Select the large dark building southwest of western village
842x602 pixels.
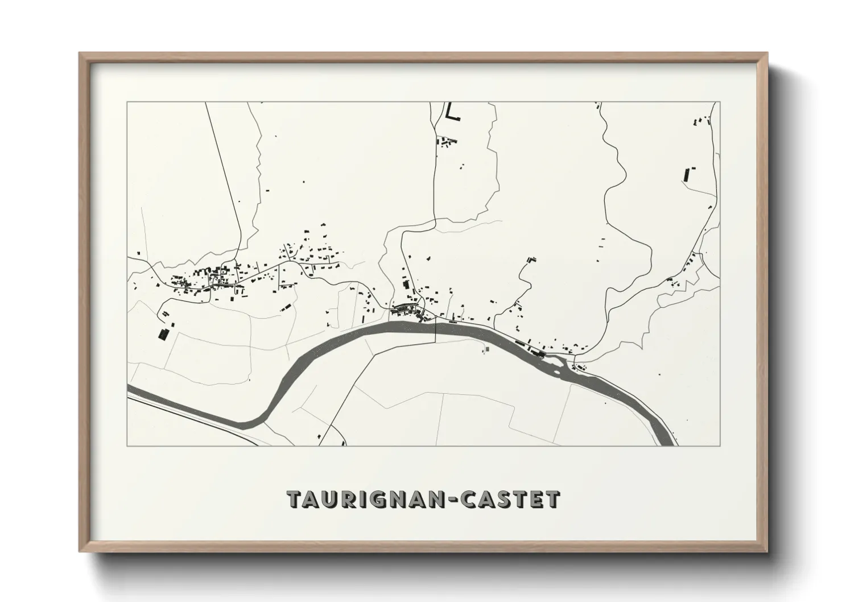point(164,333)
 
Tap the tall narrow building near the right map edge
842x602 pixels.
point(686,174)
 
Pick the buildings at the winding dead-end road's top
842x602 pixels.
point(531,259)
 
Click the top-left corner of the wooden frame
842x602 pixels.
point(80,53)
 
